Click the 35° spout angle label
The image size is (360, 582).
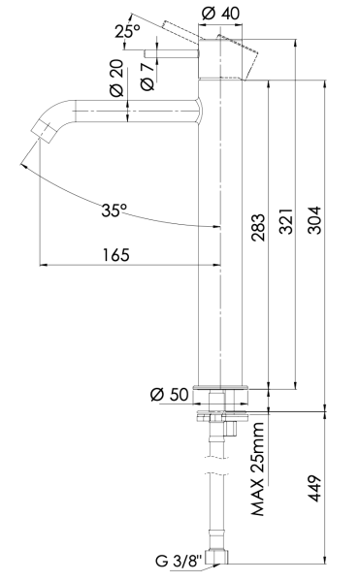[x=115, y=209]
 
